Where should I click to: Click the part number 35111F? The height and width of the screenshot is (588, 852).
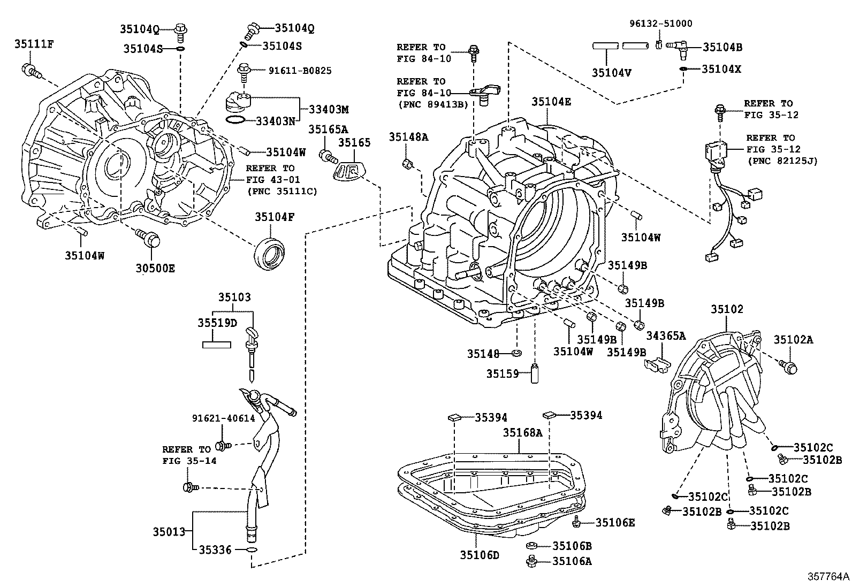(33, 44)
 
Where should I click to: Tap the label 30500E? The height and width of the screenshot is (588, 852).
(155, 269)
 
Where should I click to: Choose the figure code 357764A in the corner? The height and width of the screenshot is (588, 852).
(828, 577)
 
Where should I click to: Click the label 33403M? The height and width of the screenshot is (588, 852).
(328, 109)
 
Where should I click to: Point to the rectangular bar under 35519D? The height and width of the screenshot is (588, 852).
(216, 345)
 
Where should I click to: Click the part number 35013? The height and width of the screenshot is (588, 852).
(169, 532)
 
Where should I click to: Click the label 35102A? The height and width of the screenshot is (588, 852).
(793, 339)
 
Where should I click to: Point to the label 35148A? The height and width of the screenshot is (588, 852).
(408, 137)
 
